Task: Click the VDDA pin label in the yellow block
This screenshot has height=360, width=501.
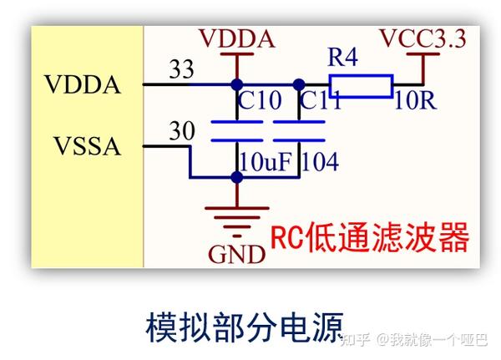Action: pyautogui.click(x=83, y=85)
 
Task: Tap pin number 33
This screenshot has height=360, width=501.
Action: pyautogui.click(x=181, y=69)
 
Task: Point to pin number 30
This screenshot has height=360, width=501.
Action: pyautogui.click(x=181, y=131)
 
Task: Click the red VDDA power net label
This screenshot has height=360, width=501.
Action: pyautogui.click(x=236, y=38)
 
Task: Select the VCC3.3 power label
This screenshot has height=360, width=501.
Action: pyautogui.click(x=423, y=38)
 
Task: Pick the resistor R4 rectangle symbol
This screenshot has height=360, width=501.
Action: pyautogui.click(x=361, y=84)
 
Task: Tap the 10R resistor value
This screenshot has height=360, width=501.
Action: pyautogui.click(x=415, y=102)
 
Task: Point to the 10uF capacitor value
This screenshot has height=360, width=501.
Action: pyautogui.click(x=265, y=162)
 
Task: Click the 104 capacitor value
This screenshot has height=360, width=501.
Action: pyautogui.click(x=320, y=162)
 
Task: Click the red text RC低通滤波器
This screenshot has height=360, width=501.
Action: pyautogui.click(x=368, y=238)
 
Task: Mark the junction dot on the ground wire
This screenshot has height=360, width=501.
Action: pyautogui.click(x=237, y=177)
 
